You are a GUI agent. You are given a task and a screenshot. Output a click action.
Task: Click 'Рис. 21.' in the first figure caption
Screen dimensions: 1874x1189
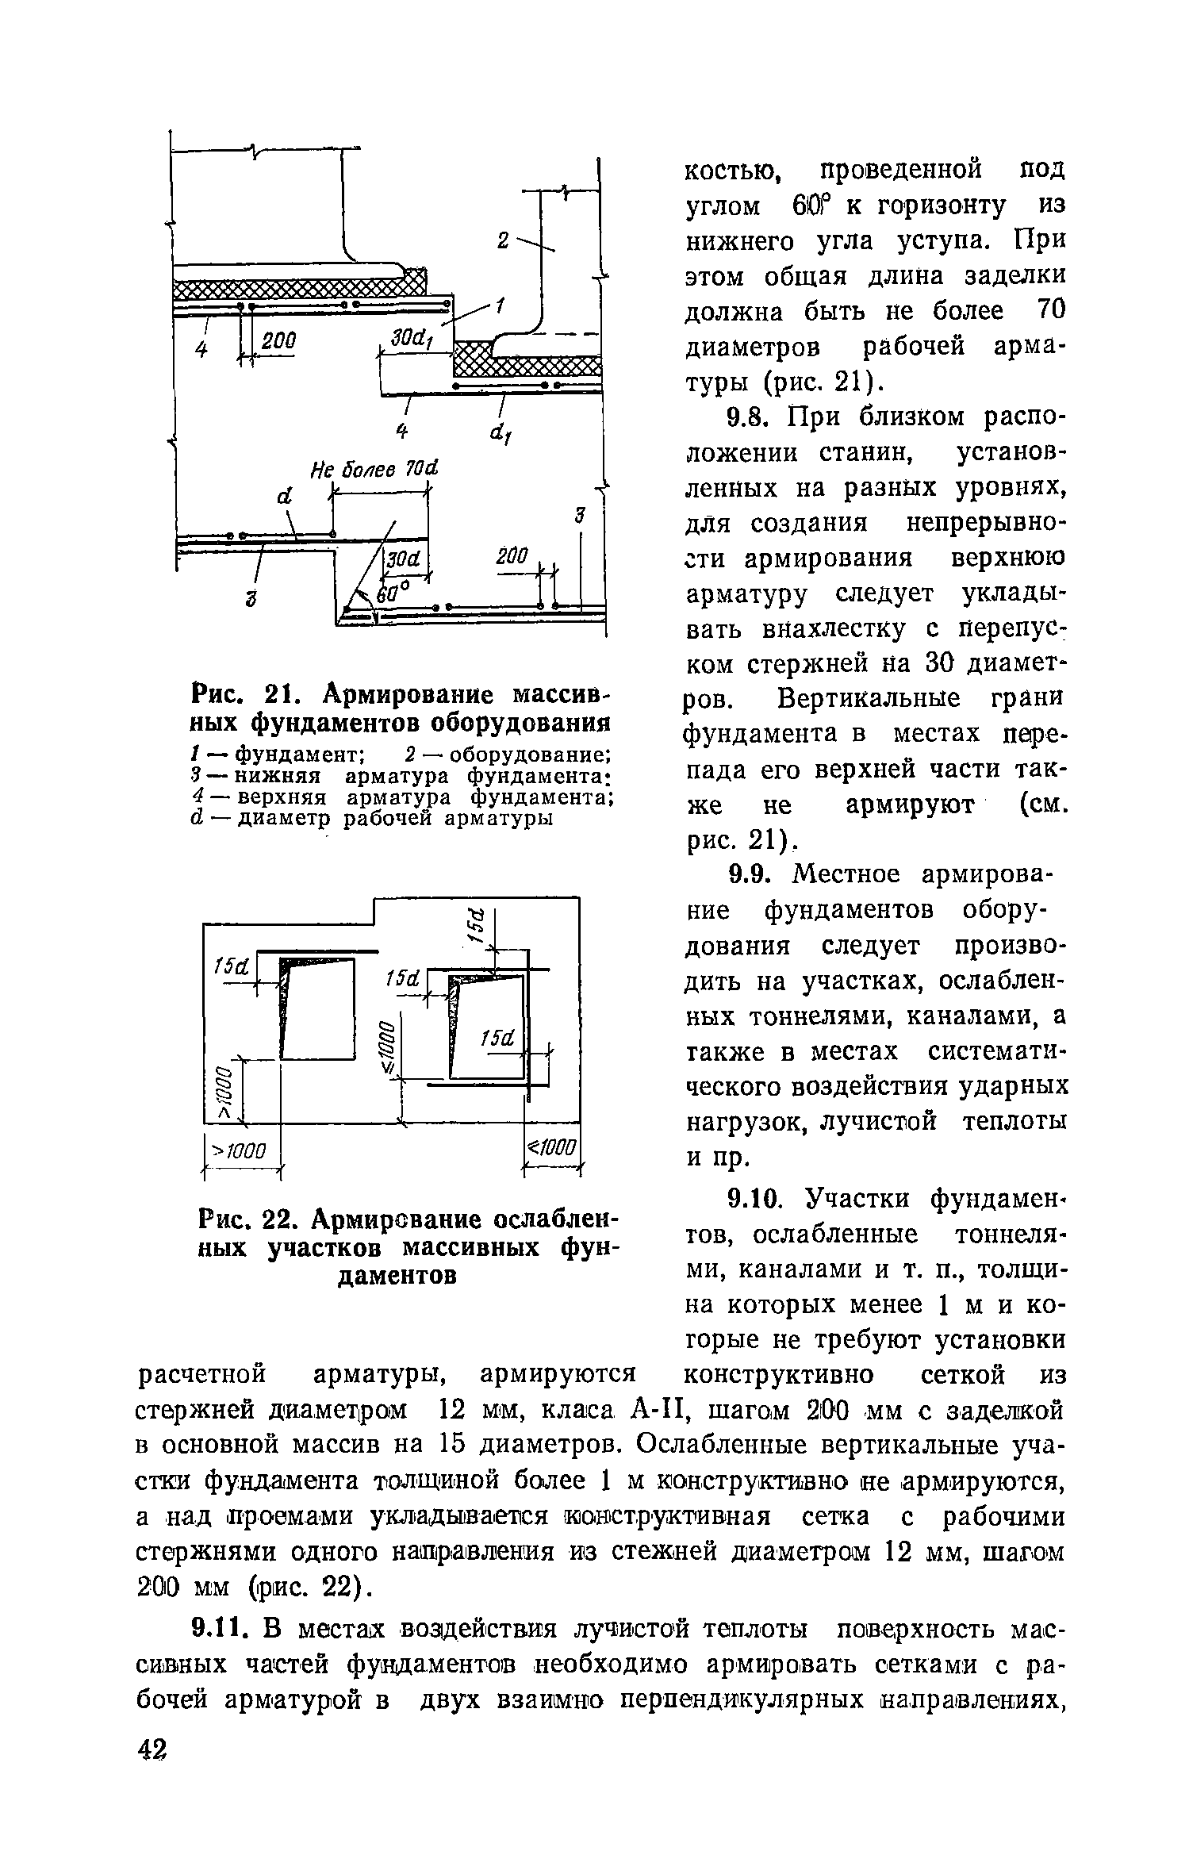239,696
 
